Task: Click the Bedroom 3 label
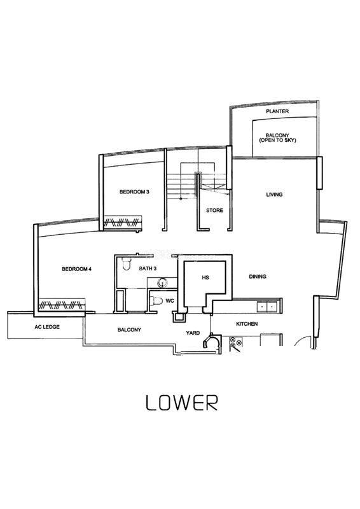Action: (134, 192)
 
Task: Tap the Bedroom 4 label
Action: (76, 269)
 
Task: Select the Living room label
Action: (274, 195)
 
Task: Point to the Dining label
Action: (258, 277)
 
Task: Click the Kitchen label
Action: (247, 324)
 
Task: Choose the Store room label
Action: (214, 211)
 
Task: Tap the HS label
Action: (205, 277)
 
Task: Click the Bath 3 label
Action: (148, 268)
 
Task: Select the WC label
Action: (170, 301)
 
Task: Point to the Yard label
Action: (193, 333)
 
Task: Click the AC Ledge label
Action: (47, 327)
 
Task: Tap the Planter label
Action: (277, 111)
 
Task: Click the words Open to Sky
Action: (277, 140)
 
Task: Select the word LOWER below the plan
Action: (182, 403)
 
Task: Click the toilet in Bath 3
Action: (127, 263)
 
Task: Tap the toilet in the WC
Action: (156, 301)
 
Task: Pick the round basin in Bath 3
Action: (162, 283)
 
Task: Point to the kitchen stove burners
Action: (236, 341)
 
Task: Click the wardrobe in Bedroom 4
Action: (62, 305)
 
